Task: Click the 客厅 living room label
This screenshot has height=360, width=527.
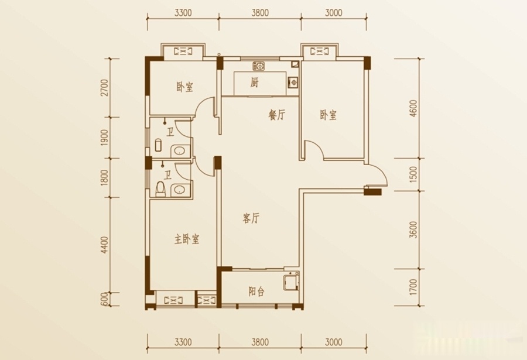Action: click(251, 218)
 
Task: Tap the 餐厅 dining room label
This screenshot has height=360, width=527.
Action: click(276, 115)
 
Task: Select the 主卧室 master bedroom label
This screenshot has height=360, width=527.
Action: click(187, 239)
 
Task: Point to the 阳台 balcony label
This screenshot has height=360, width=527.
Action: click(256, 292)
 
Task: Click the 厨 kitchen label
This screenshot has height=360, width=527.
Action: click(255, 82)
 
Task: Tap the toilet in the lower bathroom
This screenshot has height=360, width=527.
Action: click(161, 189)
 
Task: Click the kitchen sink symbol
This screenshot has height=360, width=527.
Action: click(259, 66)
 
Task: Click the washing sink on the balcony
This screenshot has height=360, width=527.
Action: click(290, 282)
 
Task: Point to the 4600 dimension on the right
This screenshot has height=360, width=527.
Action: click(414, 108)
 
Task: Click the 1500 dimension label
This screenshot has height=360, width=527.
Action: click(414, 174)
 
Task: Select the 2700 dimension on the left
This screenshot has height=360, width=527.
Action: click(105, 88)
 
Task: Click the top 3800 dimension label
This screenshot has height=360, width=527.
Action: click(260, 13)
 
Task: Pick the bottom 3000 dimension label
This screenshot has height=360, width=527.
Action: click(334, 342)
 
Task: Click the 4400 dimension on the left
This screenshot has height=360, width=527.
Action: click(105, 245)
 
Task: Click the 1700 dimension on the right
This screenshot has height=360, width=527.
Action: click(414, 287)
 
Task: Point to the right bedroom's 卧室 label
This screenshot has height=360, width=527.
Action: click(328, 115)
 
